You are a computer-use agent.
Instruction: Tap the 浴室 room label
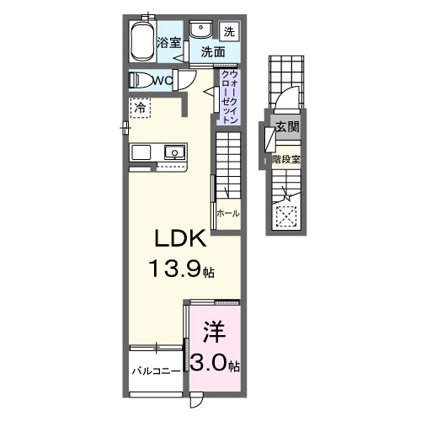[x=169, y=42]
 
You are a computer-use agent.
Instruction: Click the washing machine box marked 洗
[x=230, y=32]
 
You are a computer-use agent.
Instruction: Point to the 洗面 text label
[x=212, y=52]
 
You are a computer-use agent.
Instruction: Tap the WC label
[x=163, y=81]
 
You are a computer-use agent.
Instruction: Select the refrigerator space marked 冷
[x=141, y=108]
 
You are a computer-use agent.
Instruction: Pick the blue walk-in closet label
[x=229, y=97]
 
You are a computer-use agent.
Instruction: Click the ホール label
[x=227, y=214]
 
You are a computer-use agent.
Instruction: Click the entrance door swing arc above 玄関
[x=286, y=99]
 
